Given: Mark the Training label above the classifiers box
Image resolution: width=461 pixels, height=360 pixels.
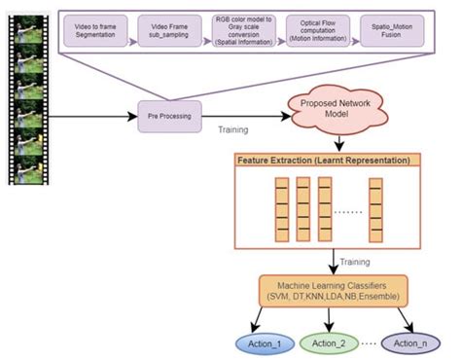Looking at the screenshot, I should coord(357,260).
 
